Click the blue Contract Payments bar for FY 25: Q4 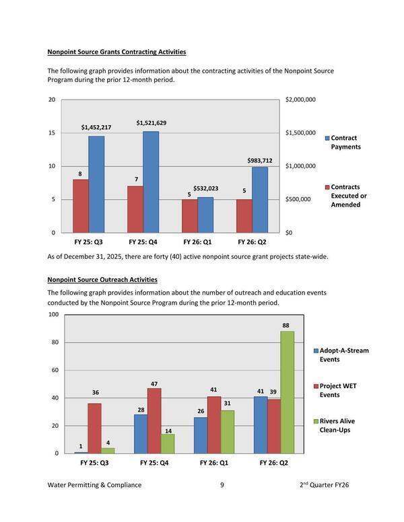point(151,182)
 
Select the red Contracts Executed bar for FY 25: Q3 point(81,206)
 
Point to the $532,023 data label point(205,189)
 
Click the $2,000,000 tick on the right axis point(300,100)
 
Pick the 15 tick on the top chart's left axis point(51,133)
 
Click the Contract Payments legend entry point(345,143)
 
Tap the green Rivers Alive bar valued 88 point(288,392)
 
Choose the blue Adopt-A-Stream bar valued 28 point(141,434)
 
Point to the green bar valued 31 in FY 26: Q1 point(228,432)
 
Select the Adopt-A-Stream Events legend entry point(343,355)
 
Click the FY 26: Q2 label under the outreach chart point(274,463)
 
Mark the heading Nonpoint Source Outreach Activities point(102,279)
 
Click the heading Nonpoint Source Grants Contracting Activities point(116,52)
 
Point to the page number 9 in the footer point(222,485)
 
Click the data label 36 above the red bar point(96,393)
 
